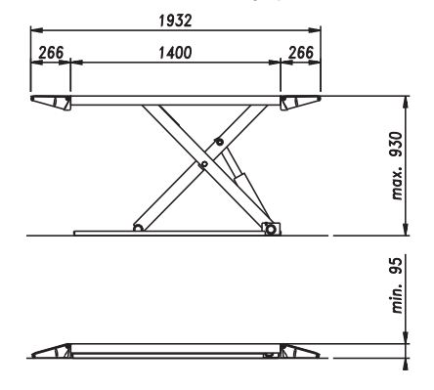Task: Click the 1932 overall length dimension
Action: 175,21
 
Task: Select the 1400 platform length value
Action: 175,53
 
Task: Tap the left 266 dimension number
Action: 51,53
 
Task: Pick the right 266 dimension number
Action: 301,53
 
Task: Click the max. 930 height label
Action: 398,166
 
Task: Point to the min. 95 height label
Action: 398,285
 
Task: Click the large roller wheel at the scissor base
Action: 271,230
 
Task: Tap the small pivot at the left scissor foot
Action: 138,228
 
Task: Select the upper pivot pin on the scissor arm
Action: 219,142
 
